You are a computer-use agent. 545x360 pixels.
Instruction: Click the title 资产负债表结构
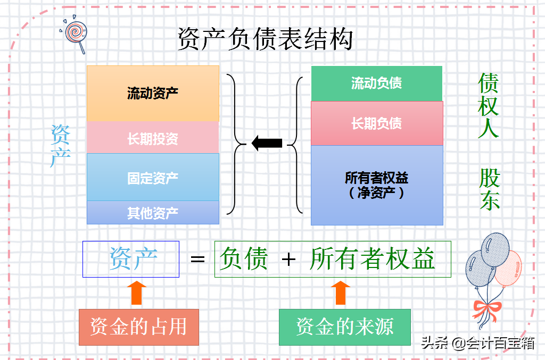pos(265,40)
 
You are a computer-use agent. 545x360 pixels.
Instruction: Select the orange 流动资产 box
pos(153,94)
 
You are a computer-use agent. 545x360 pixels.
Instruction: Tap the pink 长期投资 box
pos(153,139)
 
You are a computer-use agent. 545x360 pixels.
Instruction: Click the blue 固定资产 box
pos(153,178)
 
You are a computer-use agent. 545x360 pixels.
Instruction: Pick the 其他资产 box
pos(153,213)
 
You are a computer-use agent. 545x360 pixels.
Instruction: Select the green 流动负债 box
pos(376,83)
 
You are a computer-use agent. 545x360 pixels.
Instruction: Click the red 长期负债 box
pos(376,123)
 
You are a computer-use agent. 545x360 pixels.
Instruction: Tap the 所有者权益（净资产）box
pos(376,185)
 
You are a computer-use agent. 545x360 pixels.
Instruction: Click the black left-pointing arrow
pos(267,143)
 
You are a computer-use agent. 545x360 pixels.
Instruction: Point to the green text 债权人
pos(488,105)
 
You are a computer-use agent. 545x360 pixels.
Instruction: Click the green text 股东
pos(489,189)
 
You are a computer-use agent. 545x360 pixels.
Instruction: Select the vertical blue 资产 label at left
pos(60,146)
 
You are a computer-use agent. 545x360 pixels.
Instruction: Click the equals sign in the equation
pos(197,259)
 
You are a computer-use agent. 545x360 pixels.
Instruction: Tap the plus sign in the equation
pos(288,259)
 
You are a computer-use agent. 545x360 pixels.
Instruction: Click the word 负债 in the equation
pos(244,259)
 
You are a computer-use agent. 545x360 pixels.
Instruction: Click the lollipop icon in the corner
pos(76,35)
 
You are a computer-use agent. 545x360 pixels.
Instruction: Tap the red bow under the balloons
pos(486,308)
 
